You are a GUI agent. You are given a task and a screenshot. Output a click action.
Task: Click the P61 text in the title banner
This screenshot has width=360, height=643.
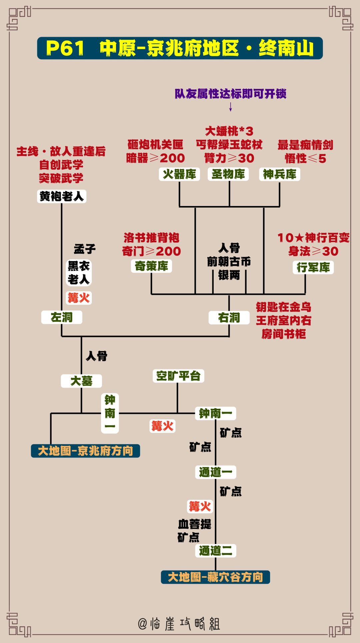click(x=65, y=48)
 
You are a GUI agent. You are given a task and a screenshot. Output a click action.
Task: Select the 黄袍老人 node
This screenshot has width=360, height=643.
click(x=62, y=196)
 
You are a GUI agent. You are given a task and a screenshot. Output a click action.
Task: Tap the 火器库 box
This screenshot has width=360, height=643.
click(x=179, y=174)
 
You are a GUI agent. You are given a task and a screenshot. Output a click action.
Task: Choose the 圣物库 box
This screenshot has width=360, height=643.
click(x=228, y=174)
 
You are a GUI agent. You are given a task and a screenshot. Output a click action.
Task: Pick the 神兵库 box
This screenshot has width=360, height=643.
click(x=280, y=174)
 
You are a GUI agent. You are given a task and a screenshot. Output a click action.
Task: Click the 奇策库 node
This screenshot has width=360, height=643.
click(x=151, y=266)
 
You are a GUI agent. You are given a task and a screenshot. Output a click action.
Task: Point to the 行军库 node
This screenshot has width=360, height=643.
click(x=313, y=267)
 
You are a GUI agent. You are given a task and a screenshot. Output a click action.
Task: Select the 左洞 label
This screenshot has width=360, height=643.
click(x=62, y=317)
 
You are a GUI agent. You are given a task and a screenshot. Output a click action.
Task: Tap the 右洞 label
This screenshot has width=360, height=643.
click(x=229, y=318)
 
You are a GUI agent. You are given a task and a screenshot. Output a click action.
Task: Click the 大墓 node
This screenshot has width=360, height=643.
click(x=81, y=381)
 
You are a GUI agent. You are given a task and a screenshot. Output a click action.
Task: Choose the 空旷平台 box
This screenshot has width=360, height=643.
click(x=178, y=376)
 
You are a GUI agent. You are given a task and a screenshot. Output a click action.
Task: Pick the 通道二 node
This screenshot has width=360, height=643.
click(x=216, y=551)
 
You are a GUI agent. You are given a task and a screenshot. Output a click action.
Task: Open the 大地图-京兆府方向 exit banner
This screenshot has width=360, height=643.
click(x=85, y=451)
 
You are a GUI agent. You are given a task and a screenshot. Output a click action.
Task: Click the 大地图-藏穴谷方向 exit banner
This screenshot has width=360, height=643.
click(x=215, y=577)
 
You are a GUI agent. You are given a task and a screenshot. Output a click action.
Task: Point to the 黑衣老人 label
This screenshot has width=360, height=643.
click(x=79, y=273)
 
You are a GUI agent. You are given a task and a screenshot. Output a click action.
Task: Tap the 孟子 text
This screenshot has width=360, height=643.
click(x=85, y=249)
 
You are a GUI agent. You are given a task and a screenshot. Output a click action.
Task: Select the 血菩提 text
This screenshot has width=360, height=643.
click(x=195, y=524)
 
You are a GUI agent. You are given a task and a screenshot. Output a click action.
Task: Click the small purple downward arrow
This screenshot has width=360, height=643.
click(x=230, y=107)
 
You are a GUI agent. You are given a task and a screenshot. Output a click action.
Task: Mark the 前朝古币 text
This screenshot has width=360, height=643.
click(x=229, y=262)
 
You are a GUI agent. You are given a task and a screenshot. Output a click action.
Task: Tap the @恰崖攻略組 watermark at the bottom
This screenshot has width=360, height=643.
click(x=179, y=624)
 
